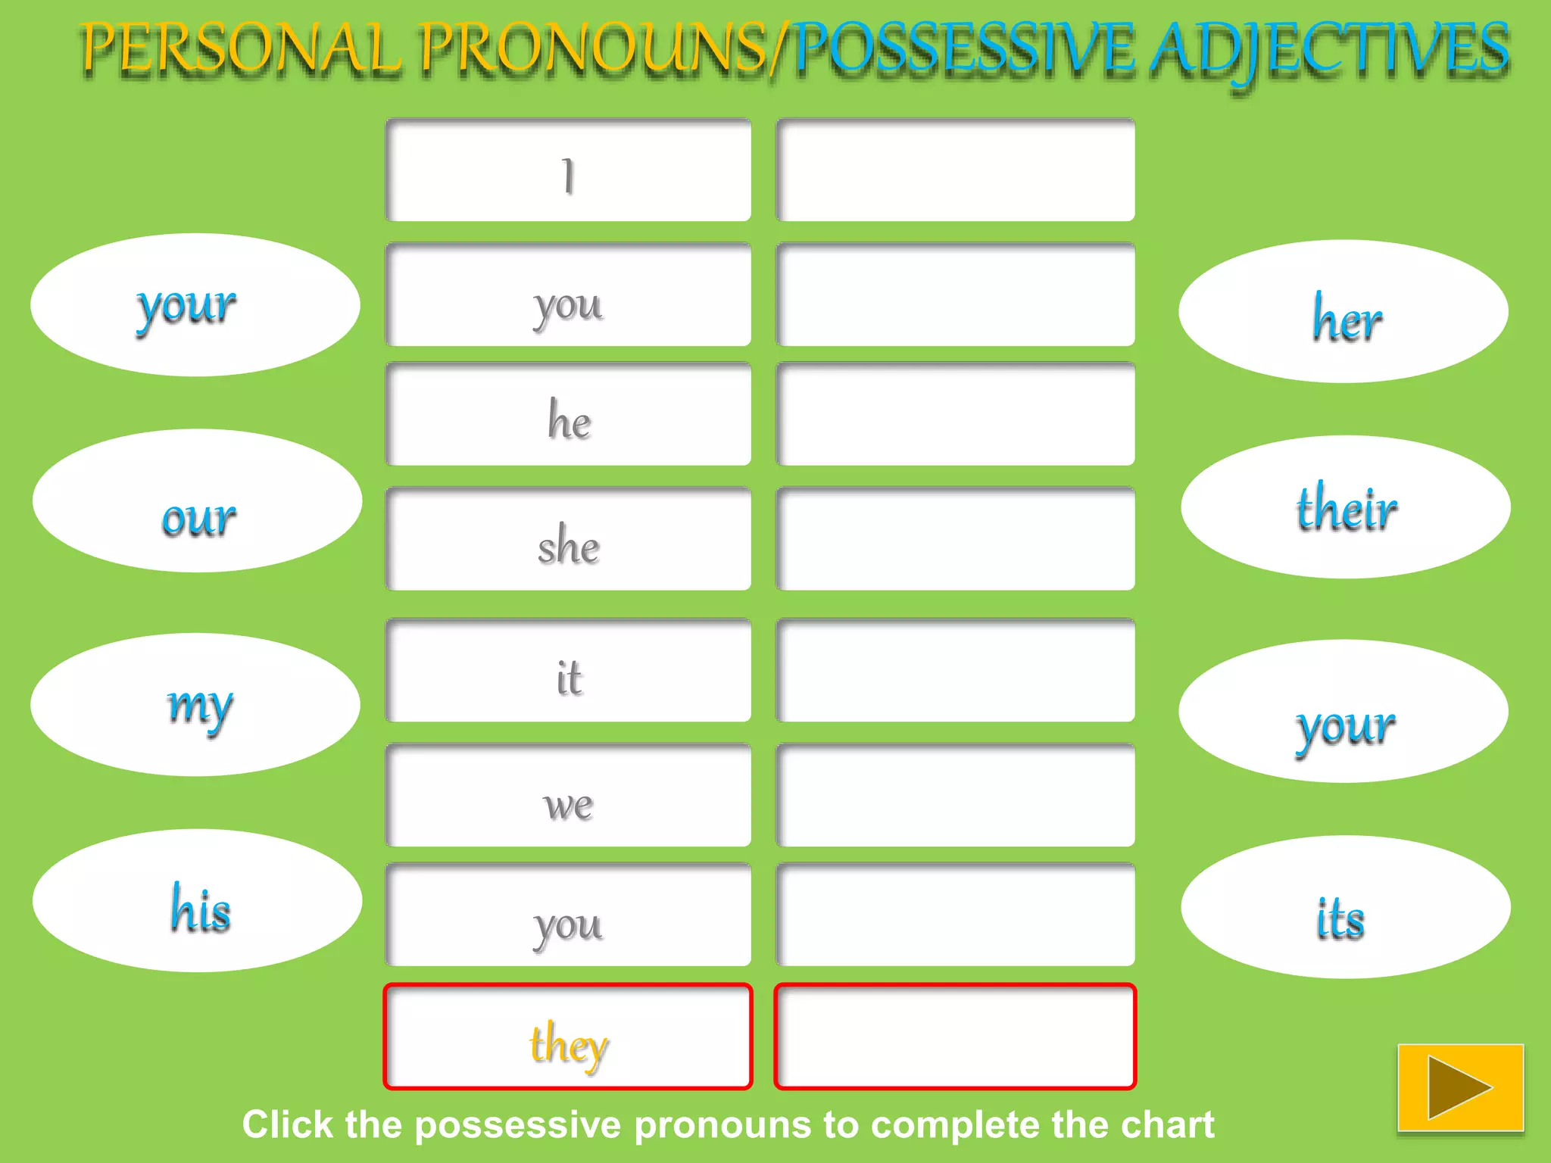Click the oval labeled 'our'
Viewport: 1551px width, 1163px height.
(197, 501)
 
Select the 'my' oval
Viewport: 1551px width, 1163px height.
(195, 705)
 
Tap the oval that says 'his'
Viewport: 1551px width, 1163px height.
(197, 901)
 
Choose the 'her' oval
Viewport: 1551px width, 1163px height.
(1343, 312)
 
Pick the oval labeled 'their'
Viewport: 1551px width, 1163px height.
(1345, 507)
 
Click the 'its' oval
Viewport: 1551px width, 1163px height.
(1345, 907)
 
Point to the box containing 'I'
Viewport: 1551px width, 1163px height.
(568, 171)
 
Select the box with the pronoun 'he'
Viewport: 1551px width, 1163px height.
(568, 415)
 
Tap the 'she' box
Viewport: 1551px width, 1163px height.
(568, 539)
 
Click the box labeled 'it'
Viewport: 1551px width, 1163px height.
(568, 671)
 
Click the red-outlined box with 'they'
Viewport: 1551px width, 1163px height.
(568, 1037)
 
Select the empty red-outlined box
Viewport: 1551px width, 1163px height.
(955, 1037)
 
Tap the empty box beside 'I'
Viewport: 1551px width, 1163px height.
(955, 171)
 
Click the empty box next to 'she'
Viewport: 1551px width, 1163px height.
(955, 539)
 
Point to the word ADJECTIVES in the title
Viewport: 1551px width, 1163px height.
(1330, 50)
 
